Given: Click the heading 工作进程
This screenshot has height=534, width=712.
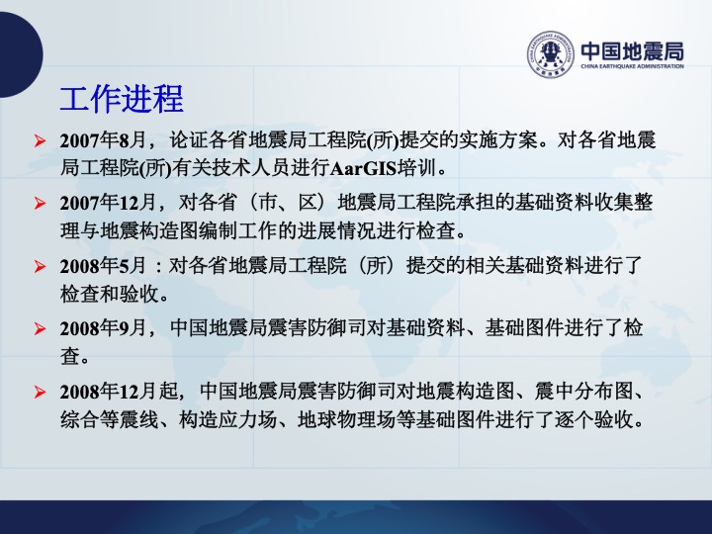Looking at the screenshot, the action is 122,99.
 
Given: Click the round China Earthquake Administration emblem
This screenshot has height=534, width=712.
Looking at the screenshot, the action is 551,54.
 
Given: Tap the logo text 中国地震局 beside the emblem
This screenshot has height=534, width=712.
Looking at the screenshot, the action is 633,50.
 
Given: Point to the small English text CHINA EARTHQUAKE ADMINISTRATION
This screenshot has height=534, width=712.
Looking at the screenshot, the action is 633,66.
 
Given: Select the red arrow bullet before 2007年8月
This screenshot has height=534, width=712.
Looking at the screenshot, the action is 40,141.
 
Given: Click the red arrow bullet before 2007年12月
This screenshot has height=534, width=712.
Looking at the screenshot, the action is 40,203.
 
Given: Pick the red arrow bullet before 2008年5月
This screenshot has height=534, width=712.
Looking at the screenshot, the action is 40,266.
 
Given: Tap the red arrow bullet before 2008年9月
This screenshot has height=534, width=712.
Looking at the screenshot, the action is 40,328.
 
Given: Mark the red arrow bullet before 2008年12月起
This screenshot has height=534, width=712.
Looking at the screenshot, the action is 40,392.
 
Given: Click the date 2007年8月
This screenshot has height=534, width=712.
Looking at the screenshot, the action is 104,140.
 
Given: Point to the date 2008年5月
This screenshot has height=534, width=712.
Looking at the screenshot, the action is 104,266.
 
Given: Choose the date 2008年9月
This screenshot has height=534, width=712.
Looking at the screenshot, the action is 104,328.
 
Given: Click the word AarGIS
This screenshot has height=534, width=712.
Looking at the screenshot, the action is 363,169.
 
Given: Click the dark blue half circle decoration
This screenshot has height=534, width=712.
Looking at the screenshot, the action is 21,54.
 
